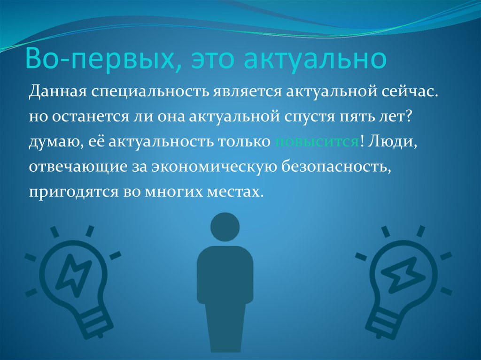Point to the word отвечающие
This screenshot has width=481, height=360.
(78, 167)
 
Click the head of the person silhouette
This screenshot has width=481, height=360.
(225, 227)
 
